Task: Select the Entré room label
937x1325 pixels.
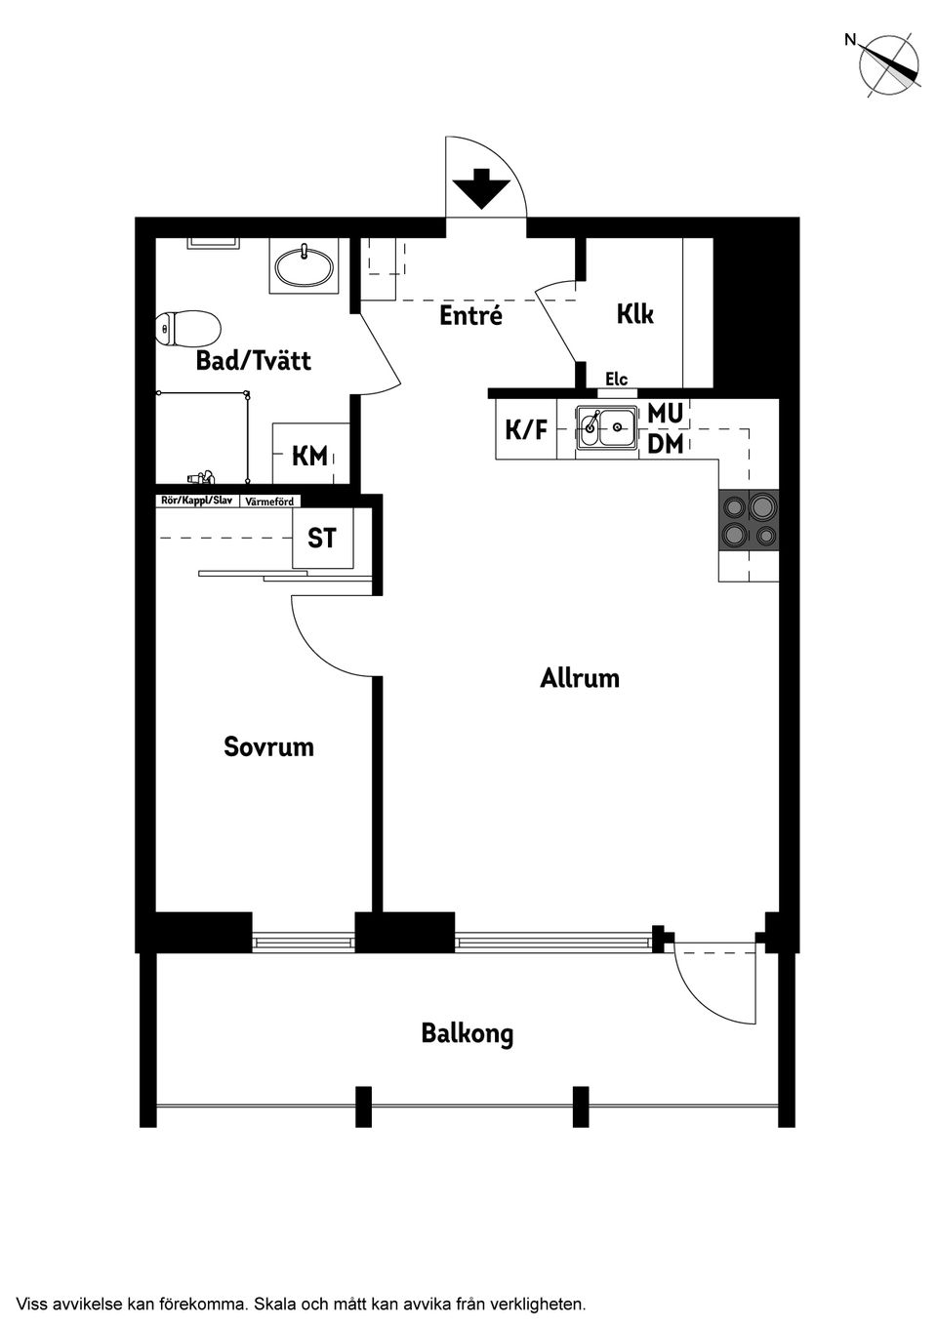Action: tap(470, 315)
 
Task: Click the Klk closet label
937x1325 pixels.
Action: tap(634, 314)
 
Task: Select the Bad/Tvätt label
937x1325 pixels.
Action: tap(253, 361)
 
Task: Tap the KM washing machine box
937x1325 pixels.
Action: tap(309, 455)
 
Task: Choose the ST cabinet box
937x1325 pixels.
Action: tap(322, 538)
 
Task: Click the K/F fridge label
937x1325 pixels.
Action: tap(525, 429)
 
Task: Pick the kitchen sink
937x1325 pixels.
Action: tap(606, 427)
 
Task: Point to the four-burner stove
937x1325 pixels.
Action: tap(749, 520)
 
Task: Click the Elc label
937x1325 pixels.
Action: tap(616, 380)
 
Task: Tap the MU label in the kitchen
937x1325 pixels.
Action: tap(665, 414)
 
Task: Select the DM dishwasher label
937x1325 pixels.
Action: tap(665, 444)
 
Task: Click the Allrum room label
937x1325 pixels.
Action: tap(580, 678)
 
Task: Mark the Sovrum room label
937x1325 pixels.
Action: tap(268, 747)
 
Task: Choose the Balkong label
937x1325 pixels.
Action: tap(468, 1033)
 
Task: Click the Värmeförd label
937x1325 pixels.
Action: tap(269, 502)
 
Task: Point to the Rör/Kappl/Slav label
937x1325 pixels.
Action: tap(196, 501)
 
